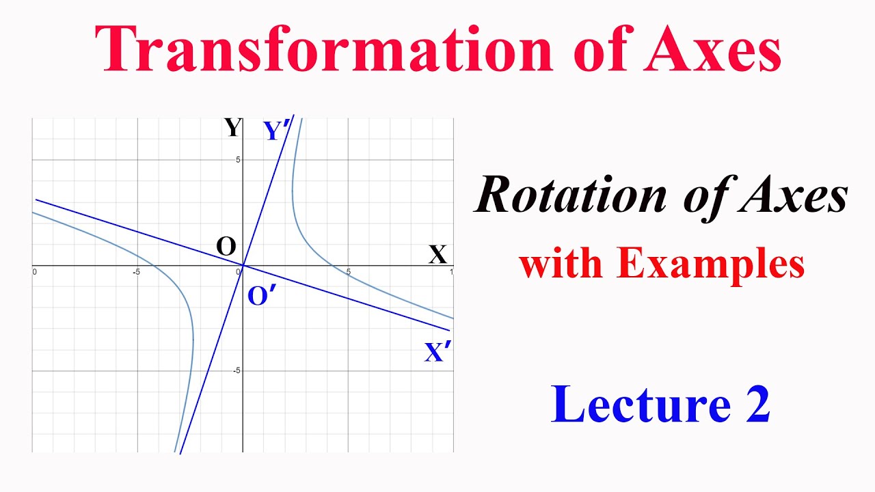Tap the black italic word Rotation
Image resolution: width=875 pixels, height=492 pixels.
point(571,196)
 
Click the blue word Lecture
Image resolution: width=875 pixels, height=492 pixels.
point(641,404)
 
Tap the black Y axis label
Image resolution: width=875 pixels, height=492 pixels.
point(233,128)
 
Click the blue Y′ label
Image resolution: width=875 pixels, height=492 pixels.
point(277,130)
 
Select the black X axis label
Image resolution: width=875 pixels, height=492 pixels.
point(437,255)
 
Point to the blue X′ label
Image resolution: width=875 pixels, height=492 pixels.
point(437,353)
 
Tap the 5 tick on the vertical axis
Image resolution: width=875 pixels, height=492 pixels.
point(239,159)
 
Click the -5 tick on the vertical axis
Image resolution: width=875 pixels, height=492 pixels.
point(237,370)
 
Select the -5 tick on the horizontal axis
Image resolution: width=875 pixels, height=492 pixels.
point(137,272)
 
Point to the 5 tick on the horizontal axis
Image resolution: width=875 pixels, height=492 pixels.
point(349,272)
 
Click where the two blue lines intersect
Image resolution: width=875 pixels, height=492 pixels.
point(243,265)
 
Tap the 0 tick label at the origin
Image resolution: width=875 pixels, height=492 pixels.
point(239,272)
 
